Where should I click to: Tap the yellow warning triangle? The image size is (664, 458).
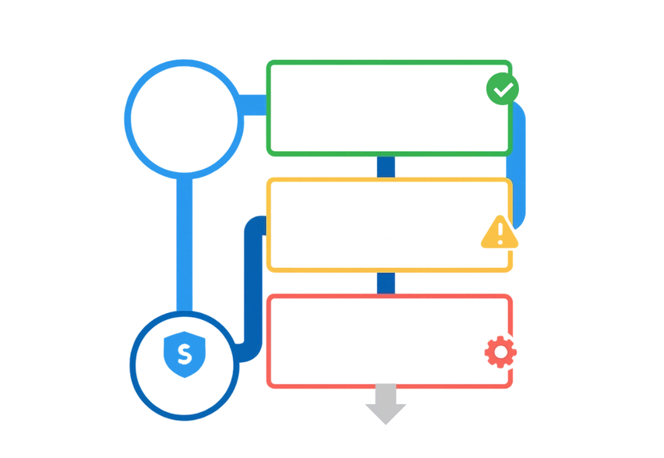coord(499,233)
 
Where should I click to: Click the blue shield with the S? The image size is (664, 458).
coord(185,353)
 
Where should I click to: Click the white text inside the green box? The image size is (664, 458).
coord(384,107)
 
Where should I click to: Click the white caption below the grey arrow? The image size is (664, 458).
coord(380,430)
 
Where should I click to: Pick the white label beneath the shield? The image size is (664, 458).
coord(184,387)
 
